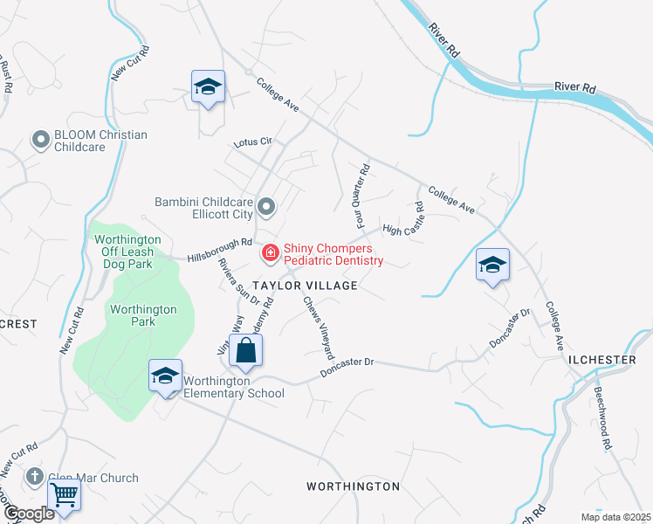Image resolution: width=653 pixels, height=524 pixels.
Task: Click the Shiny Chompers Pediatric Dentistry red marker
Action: [x=271, y=253]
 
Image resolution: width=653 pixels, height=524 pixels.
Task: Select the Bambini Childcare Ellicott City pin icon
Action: [x=267, y=208]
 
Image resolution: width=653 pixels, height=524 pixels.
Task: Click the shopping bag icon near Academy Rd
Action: [x=247, y=351]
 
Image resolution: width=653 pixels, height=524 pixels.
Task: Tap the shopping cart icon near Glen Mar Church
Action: [x=65, y=495]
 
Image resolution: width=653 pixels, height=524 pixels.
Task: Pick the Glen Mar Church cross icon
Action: [x=35, y=477]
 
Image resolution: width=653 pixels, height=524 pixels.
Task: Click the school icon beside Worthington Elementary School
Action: [x=165, y=376]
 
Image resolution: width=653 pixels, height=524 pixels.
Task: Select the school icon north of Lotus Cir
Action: [x=209, y=86]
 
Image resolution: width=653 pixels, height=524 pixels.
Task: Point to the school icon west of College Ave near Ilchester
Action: [x=492, y=265]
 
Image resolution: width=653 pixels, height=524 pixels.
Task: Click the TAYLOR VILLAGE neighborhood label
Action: [x=305, y=286]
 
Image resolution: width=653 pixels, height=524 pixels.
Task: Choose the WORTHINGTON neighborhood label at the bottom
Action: [x=354, y=486]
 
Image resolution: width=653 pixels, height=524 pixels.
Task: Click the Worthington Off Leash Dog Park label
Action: [x=127, y=252]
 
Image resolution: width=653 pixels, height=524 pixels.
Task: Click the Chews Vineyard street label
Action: [x=319, y=328]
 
